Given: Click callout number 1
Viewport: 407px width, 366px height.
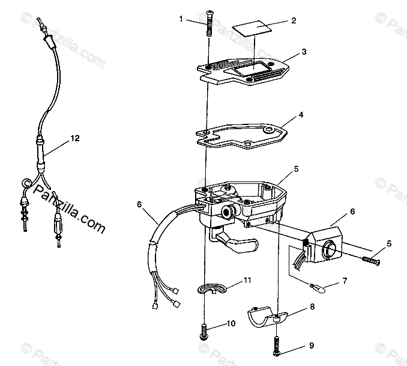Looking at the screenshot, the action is tap(181, 19).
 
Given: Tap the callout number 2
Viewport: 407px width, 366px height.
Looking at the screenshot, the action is tap(294, 21).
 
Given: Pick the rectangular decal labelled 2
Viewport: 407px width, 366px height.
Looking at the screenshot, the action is tap(251, 28).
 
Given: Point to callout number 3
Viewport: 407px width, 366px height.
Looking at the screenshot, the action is tap(304, 52).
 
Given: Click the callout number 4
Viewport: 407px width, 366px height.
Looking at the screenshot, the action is tap(301, 114).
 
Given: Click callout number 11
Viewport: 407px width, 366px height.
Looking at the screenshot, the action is tap(248, 281).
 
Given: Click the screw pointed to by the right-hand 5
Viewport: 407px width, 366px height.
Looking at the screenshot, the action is tap(370, 260).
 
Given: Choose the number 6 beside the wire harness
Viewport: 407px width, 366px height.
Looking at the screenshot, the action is tap(139, 204).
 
